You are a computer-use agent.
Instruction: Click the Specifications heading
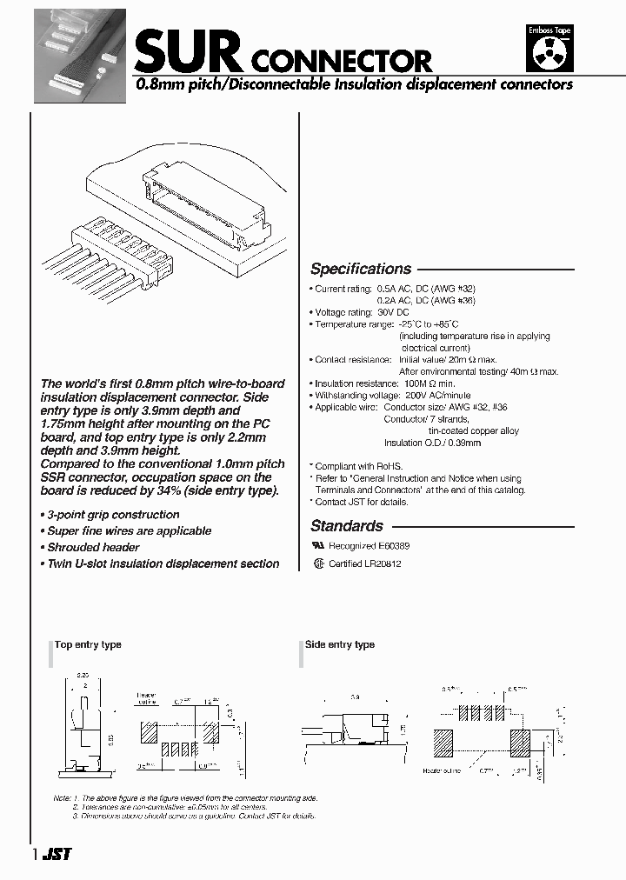361,269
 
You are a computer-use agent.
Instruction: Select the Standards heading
347,525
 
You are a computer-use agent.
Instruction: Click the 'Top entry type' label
88,644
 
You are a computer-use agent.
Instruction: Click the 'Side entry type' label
340,644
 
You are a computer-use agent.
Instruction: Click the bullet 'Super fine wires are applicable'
129,530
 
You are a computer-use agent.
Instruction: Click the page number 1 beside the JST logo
34,855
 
